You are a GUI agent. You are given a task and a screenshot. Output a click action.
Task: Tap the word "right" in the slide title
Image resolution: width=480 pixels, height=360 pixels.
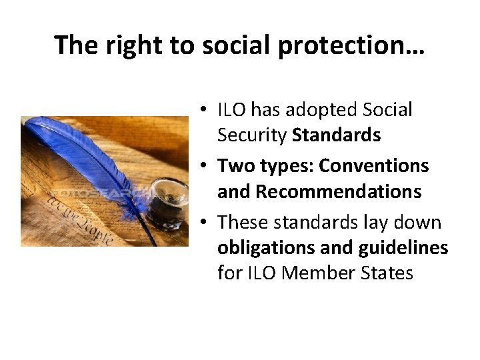[125, 45]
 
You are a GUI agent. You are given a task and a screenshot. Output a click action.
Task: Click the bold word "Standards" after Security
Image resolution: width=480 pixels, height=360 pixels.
[337, 135]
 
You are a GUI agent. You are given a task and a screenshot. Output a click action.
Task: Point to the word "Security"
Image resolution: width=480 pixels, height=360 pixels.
[252, 135]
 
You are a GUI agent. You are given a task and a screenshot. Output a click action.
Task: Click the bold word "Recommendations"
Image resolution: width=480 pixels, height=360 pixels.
[339, 192]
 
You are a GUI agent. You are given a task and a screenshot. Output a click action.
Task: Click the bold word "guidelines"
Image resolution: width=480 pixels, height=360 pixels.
[403, 247]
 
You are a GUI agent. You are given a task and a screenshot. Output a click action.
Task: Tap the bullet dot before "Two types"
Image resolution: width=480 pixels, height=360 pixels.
[207, 165]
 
